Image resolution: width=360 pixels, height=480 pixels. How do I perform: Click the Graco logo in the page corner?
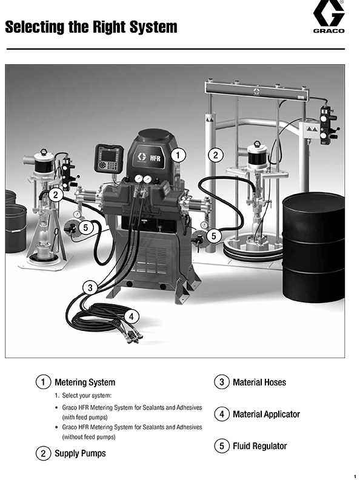[328, 16]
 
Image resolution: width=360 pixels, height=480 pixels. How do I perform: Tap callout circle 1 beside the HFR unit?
[178, 155]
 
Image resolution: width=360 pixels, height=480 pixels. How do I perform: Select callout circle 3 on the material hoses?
[90, 288]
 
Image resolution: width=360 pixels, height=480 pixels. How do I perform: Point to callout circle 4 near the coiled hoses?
[132, 316]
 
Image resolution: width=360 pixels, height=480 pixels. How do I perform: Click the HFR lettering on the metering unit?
[155, 158]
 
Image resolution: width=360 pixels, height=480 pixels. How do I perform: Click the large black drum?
[313, 247]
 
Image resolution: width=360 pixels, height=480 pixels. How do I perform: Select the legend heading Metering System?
[85, 382]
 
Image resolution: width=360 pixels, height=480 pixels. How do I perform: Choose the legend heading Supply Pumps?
[80, 453]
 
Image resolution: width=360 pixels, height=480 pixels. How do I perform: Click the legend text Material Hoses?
[259, 382]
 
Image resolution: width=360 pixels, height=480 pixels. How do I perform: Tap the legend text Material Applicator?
[266, 414]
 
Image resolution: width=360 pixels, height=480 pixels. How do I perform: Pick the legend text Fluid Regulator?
[259, 446]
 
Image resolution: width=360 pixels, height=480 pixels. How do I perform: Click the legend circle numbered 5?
[222, 445]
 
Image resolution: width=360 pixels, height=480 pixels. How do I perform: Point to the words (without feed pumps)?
[88, 437]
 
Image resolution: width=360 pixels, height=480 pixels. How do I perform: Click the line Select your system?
[83, 396]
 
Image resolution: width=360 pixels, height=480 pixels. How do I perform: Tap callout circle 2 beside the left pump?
[55, 195]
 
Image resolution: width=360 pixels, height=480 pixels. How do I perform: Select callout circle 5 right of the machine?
[214, 236]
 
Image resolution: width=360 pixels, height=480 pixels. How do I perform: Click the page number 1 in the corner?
[355, 476]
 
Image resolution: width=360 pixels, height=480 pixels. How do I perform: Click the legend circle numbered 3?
[222, 382]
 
